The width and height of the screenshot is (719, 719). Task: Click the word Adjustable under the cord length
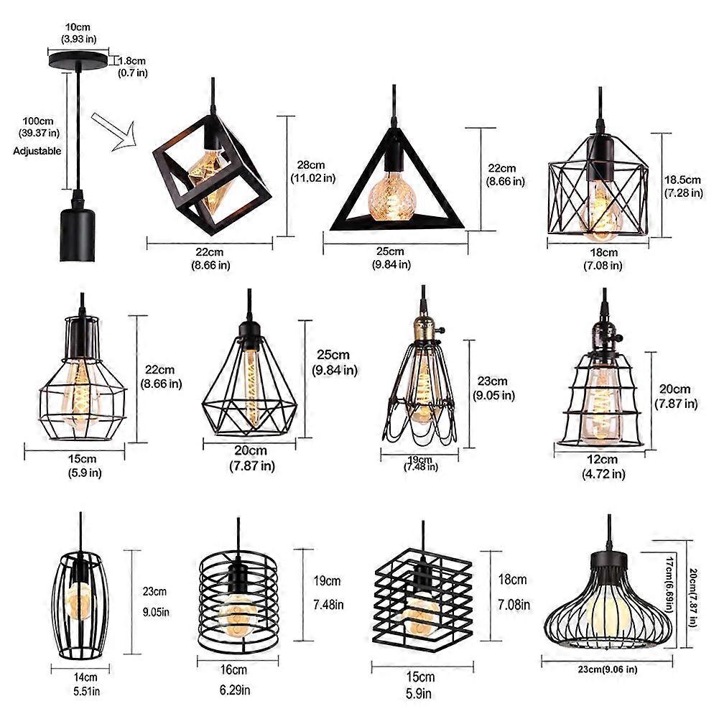point(37,151)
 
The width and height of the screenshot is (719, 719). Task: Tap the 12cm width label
point(603,466)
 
